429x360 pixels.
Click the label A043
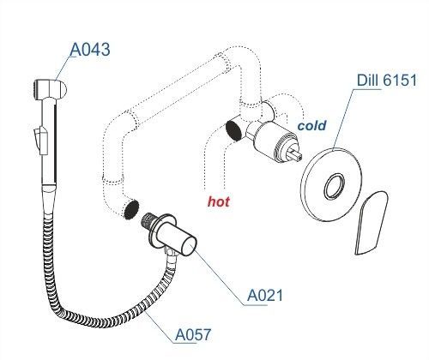pos(90,49)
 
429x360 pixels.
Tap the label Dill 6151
pos(387,81)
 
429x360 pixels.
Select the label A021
pos(265,295)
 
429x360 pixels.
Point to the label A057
pos(193,334)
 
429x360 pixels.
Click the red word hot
pos(219,201)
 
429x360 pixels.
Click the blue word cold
pos(311,125)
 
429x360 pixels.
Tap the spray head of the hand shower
pos(50,89)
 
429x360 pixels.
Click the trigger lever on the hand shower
pos(40,140)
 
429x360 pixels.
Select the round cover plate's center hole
pos(334,186)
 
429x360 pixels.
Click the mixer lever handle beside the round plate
pos(372,223)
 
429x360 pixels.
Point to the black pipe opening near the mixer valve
pos(233,130)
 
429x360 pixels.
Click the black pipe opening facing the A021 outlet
pos(131,210)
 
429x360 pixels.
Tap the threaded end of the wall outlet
pos(148,220)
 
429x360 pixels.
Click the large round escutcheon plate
pos(331,185)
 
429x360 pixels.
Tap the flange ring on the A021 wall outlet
pos(158,231)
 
